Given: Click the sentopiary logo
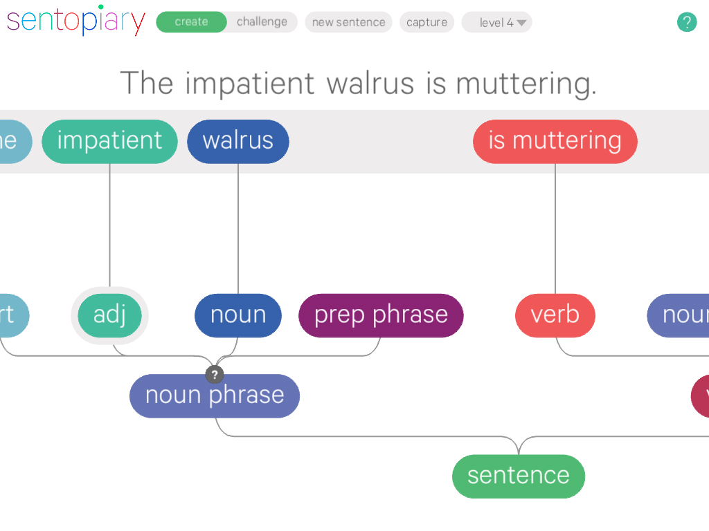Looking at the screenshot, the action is click(76, 21).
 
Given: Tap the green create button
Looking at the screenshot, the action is click(191, 22).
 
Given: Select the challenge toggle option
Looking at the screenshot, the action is click(262, 22).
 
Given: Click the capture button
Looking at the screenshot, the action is click(427, 22).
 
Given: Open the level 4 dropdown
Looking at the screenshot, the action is click(496, 22).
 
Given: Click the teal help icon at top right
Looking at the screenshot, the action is click(686, 22).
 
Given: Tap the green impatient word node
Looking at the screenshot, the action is click(109, 141).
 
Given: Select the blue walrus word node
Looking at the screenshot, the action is click(237, 141).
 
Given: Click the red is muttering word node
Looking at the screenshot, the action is click(555, 141).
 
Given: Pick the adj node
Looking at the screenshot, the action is click(109, 315).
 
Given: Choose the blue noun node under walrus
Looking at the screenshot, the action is click(237, 315).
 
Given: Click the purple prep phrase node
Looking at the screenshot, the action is click(381, 315).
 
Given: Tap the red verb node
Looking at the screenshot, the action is click(555, 315).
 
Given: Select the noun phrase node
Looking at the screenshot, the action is click(215, 396).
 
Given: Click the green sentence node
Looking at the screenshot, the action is click(518, 476).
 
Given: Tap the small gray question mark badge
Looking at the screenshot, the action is click(215, 375).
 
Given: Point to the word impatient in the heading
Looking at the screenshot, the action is click(249, 84).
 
